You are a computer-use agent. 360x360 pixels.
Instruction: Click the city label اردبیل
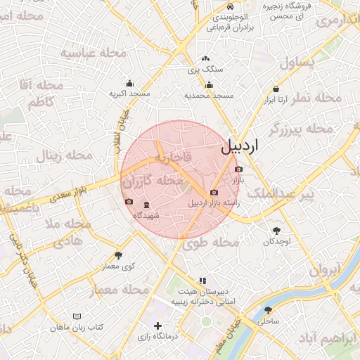(x=240, y=146)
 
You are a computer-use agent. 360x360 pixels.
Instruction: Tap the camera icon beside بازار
(x=239, y=170)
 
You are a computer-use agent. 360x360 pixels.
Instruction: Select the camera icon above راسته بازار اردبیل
(x=214, y=193)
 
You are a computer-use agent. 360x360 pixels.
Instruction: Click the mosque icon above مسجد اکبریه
(x=129, y=83)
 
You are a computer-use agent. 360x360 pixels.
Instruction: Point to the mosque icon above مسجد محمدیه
(x=208, y=84)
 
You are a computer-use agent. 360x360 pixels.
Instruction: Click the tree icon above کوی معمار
(x=118, y=255)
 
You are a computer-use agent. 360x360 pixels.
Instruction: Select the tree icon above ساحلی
(x=268, y=309)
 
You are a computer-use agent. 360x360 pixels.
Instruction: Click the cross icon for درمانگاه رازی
(x=157, y=326)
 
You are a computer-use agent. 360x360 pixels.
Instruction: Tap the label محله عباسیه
(x=93, y=53)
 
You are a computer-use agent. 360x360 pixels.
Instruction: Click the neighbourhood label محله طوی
(x=211, y=243)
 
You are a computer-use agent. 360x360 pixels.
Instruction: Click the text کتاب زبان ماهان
(x=77, y=328)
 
